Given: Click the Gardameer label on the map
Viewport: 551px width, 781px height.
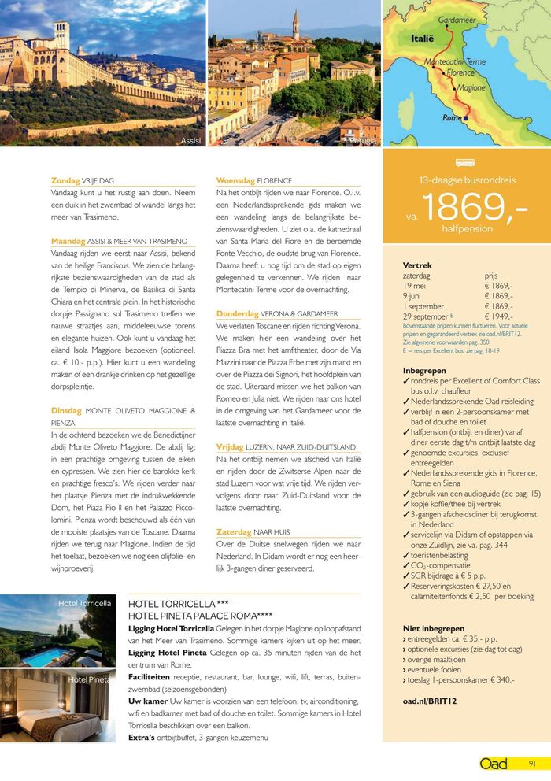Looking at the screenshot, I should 456,19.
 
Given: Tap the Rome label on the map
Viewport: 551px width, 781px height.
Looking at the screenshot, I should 452,117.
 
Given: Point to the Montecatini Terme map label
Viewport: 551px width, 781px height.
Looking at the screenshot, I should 455,61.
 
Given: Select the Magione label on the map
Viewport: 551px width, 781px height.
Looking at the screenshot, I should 471,88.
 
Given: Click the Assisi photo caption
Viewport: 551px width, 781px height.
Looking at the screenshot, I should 190,141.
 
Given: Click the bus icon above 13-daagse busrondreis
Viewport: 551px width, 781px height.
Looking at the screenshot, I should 465,163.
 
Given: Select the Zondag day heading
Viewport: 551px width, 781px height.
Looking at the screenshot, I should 65,181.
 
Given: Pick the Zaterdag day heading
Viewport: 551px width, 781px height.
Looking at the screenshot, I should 234,532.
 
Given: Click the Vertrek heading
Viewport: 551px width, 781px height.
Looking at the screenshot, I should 416,265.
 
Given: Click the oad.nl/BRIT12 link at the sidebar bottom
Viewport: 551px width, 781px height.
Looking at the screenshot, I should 430,700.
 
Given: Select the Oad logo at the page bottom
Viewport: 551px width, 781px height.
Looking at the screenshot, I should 494,763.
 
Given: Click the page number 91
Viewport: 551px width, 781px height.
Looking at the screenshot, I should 532,763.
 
